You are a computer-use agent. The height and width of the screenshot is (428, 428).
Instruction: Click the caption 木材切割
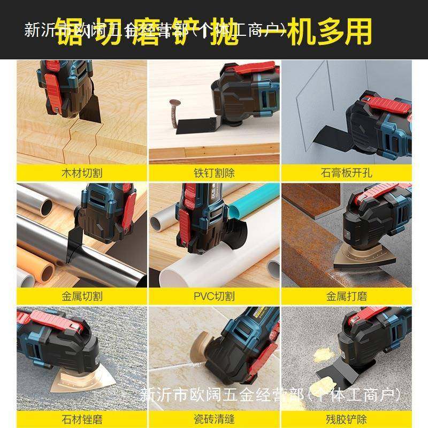tap(81, 173)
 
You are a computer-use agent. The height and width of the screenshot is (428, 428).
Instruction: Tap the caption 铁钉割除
tap(214, 173)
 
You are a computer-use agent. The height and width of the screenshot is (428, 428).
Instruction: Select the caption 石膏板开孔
tap(346, 173)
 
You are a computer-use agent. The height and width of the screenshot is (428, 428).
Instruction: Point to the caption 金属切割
tap(81, 296)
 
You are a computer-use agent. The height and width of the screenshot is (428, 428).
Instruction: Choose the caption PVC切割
tap(214, 296)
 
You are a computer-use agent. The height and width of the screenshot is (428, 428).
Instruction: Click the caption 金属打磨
tap(346, 296)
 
